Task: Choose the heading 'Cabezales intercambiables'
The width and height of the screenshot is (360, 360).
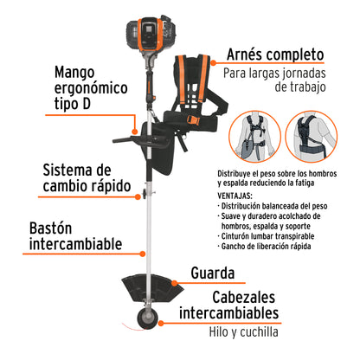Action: pyautogui.click(x=228, y=303)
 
